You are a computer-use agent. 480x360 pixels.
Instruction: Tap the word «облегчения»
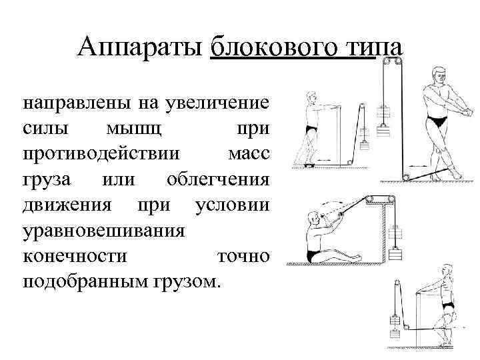click(x=218, y=179)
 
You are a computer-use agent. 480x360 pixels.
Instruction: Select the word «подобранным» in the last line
click(x=89, y=281)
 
